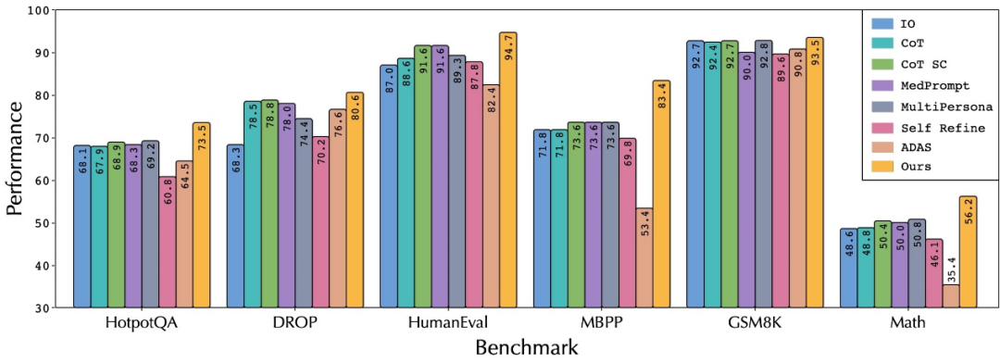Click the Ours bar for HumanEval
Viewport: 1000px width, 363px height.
508,170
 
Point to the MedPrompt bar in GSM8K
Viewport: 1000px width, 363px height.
747,181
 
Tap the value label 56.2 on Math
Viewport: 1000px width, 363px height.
969,212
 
